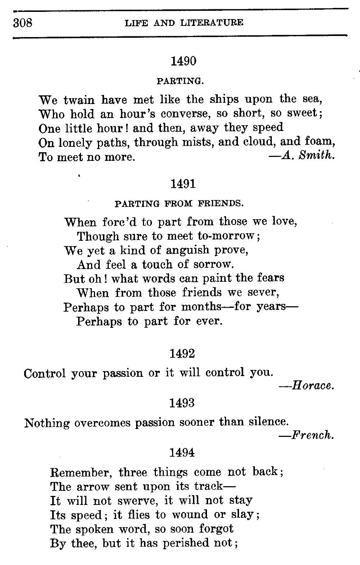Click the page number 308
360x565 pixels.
point(23,23)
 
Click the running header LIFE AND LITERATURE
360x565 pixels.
point(184,23)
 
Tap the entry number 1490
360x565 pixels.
point(183,62)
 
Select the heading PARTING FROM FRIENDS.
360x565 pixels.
point(179,204)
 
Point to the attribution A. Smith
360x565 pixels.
point(302,155)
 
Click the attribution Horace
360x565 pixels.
point(308,386)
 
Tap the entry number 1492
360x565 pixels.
point(182,354)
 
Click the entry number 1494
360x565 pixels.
point(182,452)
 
